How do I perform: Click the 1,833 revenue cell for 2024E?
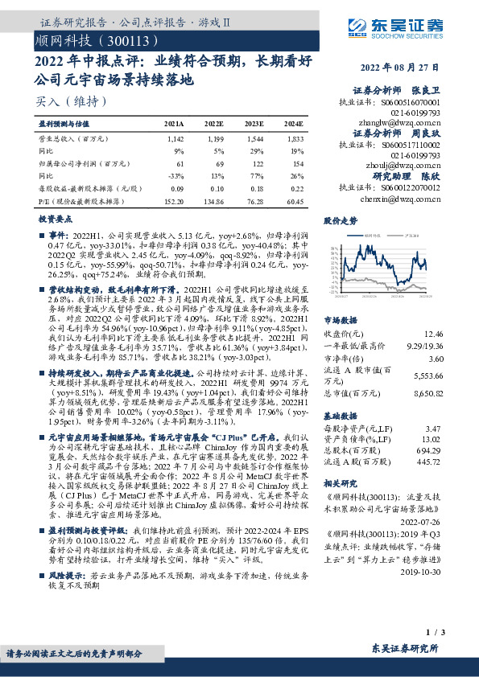pos(293,139)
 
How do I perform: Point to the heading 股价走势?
pos(339,220)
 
